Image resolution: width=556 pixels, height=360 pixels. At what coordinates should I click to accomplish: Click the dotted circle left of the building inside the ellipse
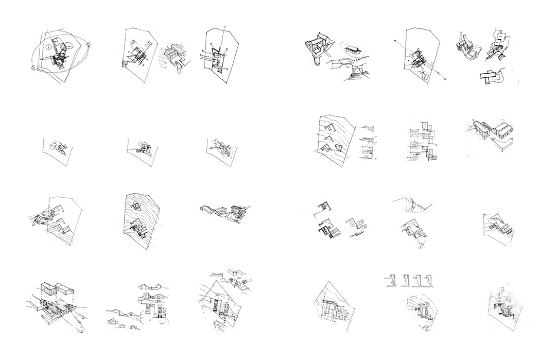click(x=47, y=47)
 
